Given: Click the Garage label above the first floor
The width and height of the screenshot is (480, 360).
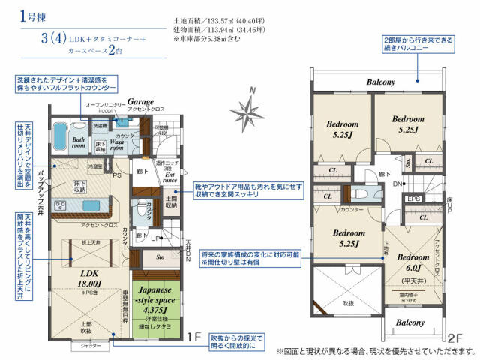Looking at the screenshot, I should pos(140,100).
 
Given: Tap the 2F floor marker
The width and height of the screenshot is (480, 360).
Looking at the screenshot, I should pos(456,337).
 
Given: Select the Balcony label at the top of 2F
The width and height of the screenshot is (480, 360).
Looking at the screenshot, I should pos(381,82).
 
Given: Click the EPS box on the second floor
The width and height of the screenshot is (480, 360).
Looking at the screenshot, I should pos(412,199).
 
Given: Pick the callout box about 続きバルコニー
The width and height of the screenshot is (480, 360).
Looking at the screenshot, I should pos(417,43).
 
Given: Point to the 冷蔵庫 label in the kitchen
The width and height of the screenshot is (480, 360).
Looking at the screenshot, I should pos(95,166).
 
